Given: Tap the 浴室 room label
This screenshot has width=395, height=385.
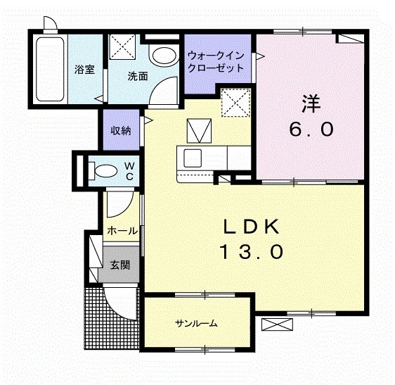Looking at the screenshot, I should [84, 70].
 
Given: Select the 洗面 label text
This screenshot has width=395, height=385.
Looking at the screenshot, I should [137, 76].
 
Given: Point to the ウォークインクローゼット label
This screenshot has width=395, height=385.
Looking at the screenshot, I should [215, 62].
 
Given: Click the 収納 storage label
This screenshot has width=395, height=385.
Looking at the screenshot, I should [120, 130].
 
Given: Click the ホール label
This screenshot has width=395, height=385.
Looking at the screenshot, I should [121, 230].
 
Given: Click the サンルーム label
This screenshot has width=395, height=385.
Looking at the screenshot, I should [196, 324].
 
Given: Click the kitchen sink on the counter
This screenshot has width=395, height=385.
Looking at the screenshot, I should [192, 156].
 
